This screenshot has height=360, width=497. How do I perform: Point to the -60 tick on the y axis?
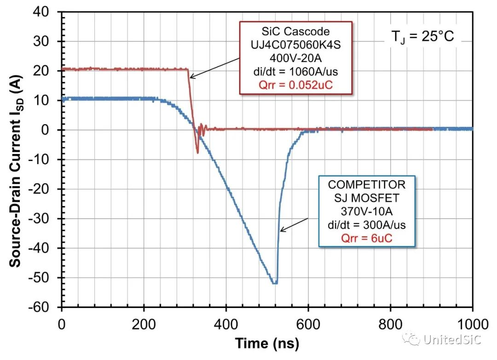[43, 307]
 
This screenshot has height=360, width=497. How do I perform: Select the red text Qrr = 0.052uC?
[295, 85]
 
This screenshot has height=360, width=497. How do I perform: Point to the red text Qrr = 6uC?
[366, 238]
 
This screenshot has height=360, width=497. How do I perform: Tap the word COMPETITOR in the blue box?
[366, 185]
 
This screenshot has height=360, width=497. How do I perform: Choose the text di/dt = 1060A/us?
[295, 72]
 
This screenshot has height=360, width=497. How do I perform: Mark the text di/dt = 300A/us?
[366, 225]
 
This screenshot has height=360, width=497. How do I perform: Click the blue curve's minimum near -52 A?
[274, 282]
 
